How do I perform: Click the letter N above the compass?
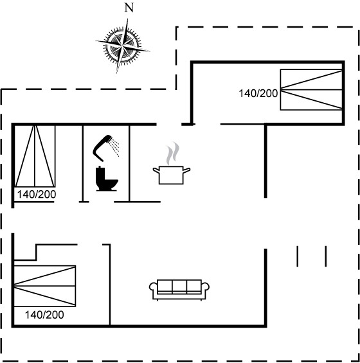tap(129, 8)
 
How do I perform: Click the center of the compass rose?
tap(122, 46)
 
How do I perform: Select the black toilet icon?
tap(107, 179)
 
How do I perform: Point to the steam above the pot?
tap(173, 154)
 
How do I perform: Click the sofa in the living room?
tap(179, 290)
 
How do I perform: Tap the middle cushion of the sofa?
tap(179, 287)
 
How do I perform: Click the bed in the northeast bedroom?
tap(311, 89)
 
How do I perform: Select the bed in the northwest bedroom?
tap(35, 156)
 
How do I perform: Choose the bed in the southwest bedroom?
tap(45, 286)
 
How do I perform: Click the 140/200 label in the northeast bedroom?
tap(258, 94)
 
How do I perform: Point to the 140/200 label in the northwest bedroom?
tap(37, 195)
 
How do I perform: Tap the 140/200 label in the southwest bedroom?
tap(44, 315)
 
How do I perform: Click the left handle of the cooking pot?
tap(156, 170)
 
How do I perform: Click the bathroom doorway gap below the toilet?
tap(101, 202)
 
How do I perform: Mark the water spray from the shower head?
tap(115, 146)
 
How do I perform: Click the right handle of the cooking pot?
tap(186, 170)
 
